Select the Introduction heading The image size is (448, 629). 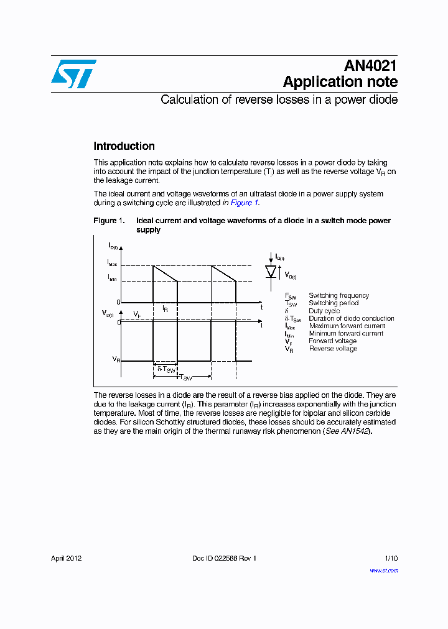pyautogui.click(x=124, y=146)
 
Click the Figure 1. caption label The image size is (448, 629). pyautogui.click(x=109, y=221)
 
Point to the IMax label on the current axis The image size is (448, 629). pyautogui.click(x=112, y=265)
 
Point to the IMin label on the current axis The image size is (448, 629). pyautogui.click(x=112, y=279)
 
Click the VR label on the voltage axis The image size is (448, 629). pyautogui.click(x=116, y=359)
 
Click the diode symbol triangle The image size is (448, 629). pyautogui.click(x=271, y=272)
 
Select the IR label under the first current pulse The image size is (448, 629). pyautogui.click(x=165, y=308)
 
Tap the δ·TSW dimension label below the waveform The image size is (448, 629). pyautogui.click(x=164, y=369)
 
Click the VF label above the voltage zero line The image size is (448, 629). pyautogui.click(x=137, y=315)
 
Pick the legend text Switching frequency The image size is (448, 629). pyautogui.click(x=338, y=295)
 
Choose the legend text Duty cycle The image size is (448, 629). pyautogui.click(x=324, y=311)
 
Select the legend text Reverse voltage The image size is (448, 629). pyautogui.click(x=333, y=349)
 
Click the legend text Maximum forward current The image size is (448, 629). pyautogui.click(x=347, y=326)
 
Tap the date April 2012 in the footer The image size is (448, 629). pyautogui.click(x=67, y=558)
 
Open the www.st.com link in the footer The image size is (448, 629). pyautogui.click(x=384, y=570)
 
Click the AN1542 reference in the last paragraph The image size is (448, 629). pyautogui.click(x=355, y=431)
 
